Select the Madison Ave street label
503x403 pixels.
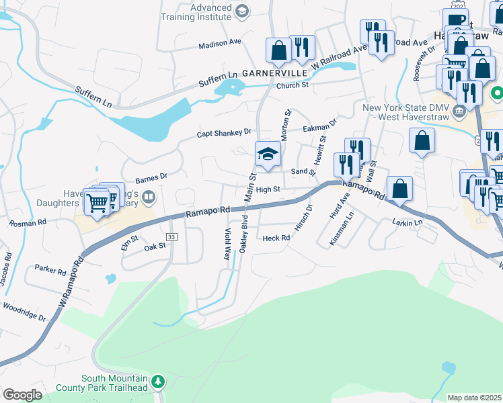tap(220, 42)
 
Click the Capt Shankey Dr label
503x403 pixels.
tap(224, 133)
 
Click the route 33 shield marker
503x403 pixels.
tap(171, 237)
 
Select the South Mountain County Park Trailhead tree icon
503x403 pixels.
tap(158, 382)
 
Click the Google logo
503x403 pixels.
tap(22, 395)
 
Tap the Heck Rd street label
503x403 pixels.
tap(276, 238)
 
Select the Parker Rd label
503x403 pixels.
tap(50, 271)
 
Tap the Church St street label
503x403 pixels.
tap(292, 85)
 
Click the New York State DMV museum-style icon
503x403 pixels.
tap(460, 110)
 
